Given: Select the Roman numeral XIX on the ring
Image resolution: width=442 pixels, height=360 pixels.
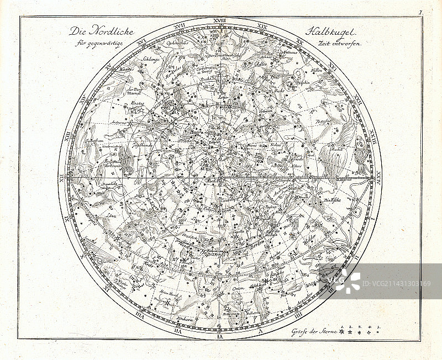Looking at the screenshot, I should (262, 25).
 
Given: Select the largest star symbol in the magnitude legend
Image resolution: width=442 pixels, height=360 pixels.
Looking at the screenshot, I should (343, 332).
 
